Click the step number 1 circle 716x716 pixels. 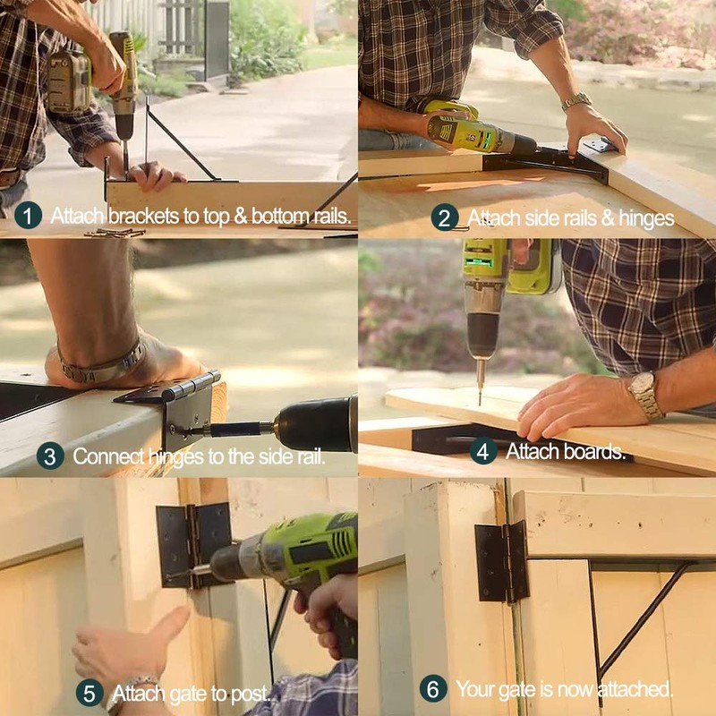pyautogui.click(x=29, y=215)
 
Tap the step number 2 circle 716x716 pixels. pyautogui.click(x=445, y=217)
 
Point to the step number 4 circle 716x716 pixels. pyautogui.click(x=483, y=450)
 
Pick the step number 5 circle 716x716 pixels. pyautogui.click(x=89, y=692)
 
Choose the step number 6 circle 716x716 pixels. pyautogui.click(x=433, y=689)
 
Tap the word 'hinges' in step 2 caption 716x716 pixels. pyautogui.click(x=643, y=218)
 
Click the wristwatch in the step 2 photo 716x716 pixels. pyautogui.click(x=576, y=101)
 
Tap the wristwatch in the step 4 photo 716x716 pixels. pyautogui.click(x=644, y=395)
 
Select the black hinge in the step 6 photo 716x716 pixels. pyautogui.click(x=502, y=562)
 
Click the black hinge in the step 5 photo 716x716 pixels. pyautogui.click(x=192, y=543)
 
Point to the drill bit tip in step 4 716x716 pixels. pyautogui.click(x=480, y=399)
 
